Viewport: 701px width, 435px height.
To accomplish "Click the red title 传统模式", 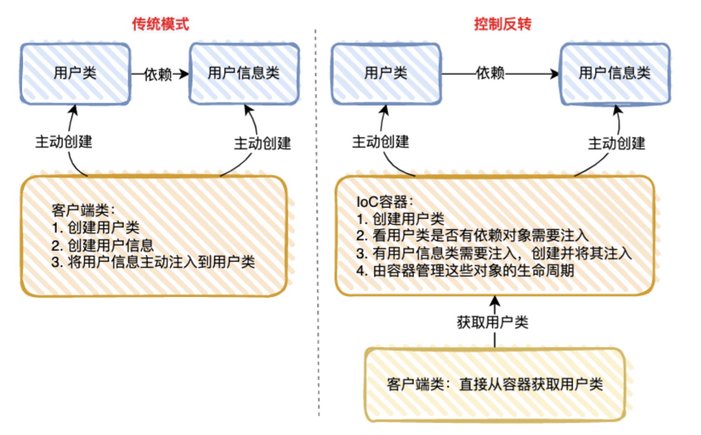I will [160, 24].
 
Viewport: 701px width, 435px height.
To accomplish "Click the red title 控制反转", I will [503, 24].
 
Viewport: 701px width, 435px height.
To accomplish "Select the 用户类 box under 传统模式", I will [75, 73].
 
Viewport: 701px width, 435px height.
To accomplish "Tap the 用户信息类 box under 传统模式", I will [244, 73].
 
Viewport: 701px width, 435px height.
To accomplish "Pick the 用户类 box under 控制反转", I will [386, 73].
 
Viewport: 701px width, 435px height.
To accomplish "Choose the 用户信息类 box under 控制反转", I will [615, 73].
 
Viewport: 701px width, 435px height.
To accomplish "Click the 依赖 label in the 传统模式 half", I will [158, 74].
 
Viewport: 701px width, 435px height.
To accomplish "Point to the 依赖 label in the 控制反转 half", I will [490, 73].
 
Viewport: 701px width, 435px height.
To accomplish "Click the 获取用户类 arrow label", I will [492, 322].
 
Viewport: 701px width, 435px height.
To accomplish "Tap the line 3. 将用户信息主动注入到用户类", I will [153, 262].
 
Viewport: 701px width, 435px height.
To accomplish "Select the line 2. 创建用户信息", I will [102, 245].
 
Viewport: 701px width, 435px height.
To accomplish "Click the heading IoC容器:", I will [385, 202].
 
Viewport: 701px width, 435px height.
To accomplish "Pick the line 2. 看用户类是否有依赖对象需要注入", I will [472, 235].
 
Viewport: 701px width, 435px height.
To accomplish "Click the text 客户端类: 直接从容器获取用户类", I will [495, 384].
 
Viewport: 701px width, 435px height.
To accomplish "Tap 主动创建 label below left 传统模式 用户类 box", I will [64, 141].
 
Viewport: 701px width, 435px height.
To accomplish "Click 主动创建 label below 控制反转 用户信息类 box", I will [617, 143].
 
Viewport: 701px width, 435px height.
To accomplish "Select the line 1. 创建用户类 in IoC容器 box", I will [401, 219].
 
